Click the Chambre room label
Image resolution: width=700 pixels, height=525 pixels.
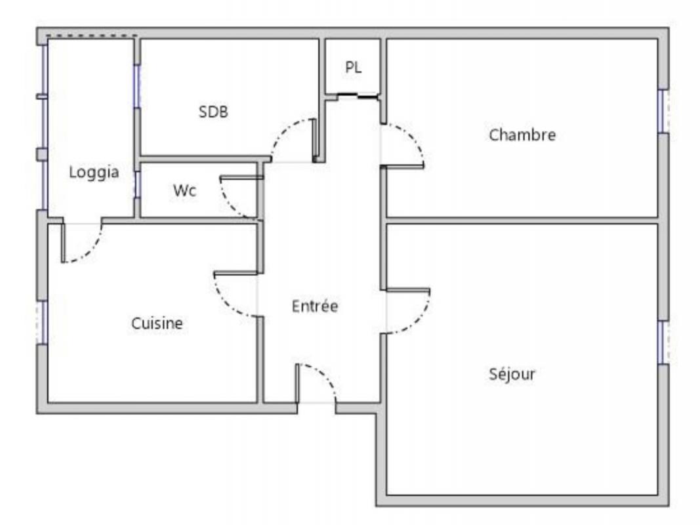coord(522,135)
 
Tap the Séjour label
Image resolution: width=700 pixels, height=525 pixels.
coord(512,374)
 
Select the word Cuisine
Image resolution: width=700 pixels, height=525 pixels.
coord(157,324)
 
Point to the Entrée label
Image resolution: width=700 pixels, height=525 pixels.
coord(315,306)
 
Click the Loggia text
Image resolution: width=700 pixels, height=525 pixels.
coord(94,173)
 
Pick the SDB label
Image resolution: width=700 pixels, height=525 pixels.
coord(213,112)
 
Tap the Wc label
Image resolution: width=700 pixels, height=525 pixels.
coord(184,190)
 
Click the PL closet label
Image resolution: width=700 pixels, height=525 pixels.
coord(353,68)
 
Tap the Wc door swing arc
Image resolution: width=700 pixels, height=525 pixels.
coord(228,203)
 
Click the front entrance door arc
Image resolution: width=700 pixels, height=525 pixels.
coord(326,374)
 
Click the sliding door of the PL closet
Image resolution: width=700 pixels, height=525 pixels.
coord(358,95)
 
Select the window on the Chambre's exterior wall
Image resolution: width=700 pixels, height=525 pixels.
coord(663,111)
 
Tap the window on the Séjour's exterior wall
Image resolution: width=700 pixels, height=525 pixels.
coord(663,343)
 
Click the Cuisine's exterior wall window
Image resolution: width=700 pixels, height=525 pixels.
coord(42,323)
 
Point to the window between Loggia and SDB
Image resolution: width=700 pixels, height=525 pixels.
coord(137,86)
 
